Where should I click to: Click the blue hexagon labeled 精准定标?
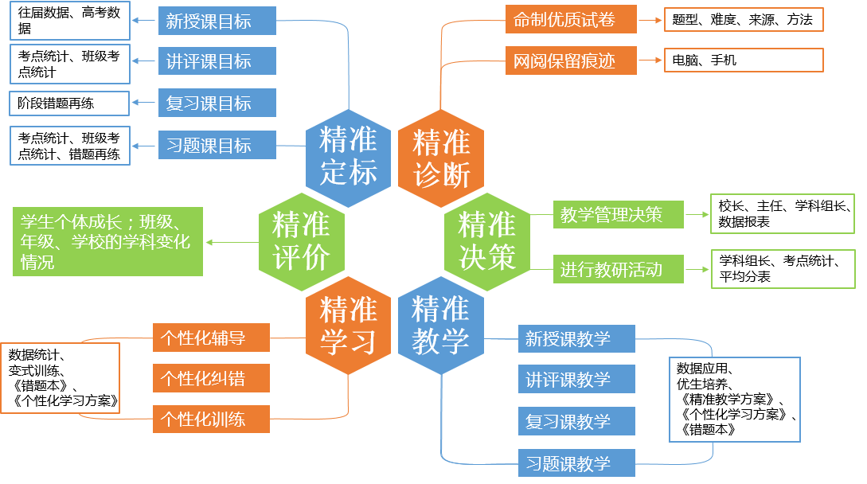coord(349,157)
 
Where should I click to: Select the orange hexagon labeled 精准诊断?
coord(441,158)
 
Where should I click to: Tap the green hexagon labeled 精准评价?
coord(302,240)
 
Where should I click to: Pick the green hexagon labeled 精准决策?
coord(487,240)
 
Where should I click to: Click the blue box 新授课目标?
coord(217,21)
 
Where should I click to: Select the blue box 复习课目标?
coord(217,103)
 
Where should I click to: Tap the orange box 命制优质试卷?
coord(571,20)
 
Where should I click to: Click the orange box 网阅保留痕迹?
coord(571,60)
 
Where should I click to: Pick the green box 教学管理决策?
coord(618,215)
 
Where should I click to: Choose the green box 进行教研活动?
coord(618,270)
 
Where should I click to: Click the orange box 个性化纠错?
coord(211,378)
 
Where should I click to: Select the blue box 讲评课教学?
coord(576,380)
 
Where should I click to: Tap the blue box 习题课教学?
coord(576,463)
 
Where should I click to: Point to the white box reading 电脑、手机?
coord(743,60)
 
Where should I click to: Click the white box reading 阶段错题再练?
coord(69,103)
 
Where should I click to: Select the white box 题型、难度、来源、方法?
coord(743,20)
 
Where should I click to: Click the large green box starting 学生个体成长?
coord(107,241)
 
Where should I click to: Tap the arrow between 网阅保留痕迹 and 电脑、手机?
coord(650,60)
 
